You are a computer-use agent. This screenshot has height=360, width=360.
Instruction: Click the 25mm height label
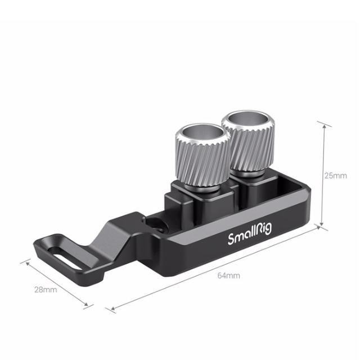(335, 175)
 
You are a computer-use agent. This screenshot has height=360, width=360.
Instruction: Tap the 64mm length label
(229, 276)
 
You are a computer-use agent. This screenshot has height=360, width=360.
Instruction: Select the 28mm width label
(46, 290)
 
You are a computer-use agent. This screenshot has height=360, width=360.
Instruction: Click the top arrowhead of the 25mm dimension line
(322, 124)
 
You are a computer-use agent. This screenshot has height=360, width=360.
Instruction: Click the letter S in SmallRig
(231, 238)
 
